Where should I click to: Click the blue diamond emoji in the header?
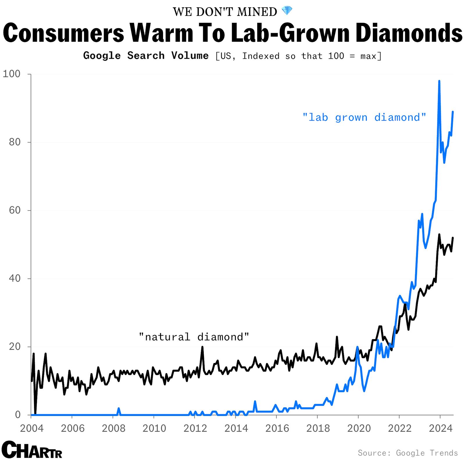(287, 11)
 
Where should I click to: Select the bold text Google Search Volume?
(146, 56)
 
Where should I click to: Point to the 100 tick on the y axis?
(12, 74)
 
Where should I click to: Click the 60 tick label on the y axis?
(15, 210)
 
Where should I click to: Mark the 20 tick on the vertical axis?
(15, 346)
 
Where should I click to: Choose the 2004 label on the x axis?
(32, 428)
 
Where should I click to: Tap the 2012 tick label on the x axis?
(195, 428)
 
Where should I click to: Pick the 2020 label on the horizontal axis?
(359, 428)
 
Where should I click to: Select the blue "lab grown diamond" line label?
(364, 117)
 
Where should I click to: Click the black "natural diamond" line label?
(194, 337)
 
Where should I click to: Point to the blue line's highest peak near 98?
(439, 81)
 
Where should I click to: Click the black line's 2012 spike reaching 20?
(202, 347)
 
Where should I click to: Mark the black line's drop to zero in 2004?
(35, 414)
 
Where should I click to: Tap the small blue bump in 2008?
(119, 408)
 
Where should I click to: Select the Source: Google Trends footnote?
(407, 453)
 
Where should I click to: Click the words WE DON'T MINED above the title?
(225, 12)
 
